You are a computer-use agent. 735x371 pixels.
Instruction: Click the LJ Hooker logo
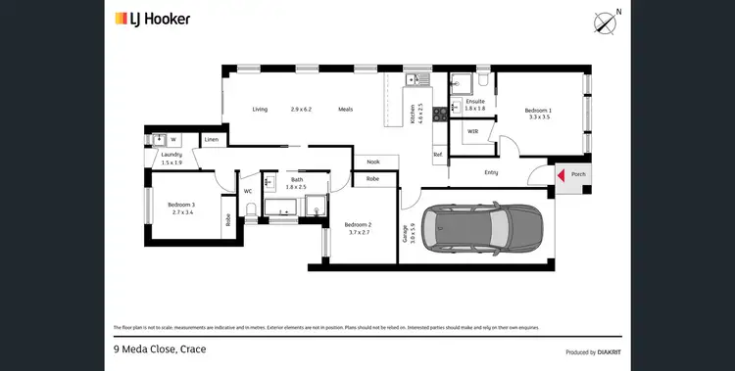[152, 19]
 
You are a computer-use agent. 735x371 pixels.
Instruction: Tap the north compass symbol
[607, 22]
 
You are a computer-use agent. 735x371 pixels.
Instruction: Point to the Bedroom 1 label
[539, 111]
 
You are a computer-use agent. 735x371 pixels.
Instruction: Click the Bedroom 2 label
[359, 226]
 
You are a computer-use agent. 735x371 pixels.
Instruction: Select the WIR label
[472, 130]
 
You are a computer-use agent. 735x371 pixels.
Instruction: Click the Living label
[260, 109]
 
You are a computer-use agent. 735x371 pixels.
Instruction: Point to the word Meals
[346, 109]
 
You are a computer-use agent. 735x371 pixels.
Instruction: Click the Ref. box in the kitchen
[438, 155]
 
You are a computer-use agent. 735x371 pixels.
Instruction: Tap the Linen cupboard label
[212, 140]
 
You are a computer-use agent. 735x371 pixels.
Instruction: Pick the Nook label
[373, 162]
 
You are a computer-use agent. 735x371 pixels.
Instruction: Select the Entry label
[491, 172]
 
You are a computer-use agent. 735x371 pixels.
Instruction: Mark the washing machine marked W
[173, 139]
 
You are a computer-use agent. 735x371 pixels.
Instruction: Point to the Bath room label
[295, 179]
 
